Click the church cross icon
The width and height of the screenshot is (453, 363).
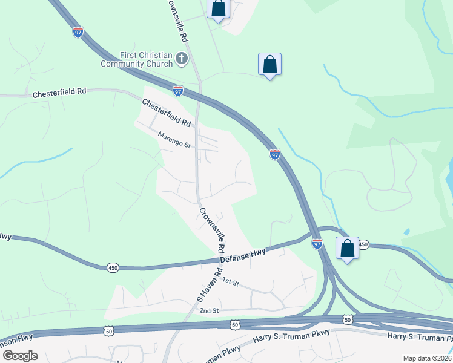pyautogui.click(x=181, y=59)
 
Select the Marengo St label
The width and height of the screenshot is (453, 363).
pyautogui.click(x=174, y=140)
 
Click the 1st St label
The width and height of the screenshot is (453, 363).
pyautogui.click(x=230, y=281)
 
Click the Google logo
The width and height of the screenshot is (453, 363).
pyautogui.click(x=20, y=355)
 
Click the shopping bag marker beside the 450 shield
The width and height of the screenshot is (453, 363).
pyautogui.click(x=347, y=248)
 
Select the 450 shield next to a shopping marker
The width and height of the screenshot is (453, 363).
pyautogui.click(x=363, y=244)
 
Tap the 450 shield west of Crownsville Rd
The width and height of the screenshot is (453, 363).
pyautogui.click(x=113, y=267)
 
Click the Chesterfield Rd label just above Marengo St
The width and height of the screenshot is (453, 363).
pyautogui.click(x=167, y=113)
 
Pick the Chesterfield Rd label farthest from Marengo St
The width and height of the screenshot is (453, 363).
pyautogui.click(x=59, y=93)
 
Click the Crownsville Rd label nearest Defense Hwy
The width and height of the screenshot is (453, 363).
pyautogui.click(x=212, y=231)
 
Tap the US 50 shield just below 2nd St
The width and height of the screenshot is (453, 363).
pyautogui.click(x=234, y=325)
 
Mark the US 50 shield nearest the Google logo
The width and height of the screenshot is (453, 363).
pyautogui.click(x=108, y=331)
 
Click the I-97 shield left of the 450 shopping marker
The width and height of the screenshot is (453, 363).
pyautogui.click(x=317, y=243)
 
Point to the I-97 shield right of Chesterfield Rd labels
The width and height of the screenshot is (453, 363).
pyautogui.click(x=177, y=91)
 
